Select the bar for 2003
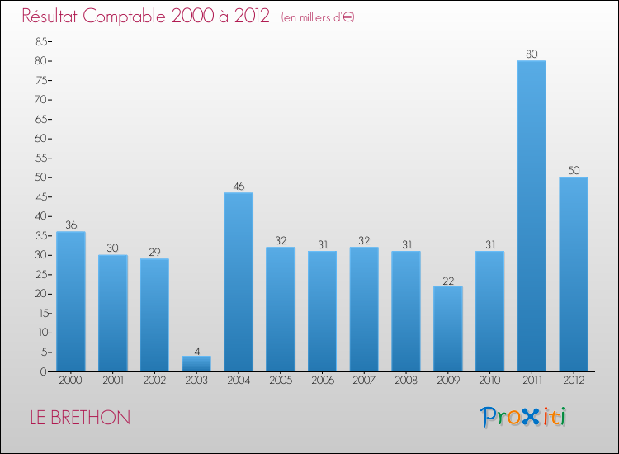(196, 364)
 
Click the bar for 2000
(71, 301)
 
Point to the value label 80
(532, 54)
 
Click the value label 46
(239, 187)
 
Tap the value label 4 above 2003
(196, 350)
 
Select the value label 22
(448, 280)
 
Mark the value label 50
(574, 171)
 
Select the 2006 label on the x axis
(322, 381)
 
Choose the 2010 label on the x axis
(489, 381)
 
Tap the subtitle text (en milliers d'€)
(318, 17)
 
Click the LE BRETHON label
(80, 418)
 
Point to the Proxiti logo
(523, 417)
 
